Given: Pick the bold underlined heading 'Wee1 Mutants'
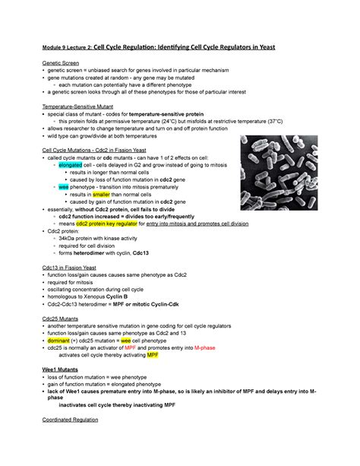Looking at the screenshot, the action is pyautogui.click(x=60, y=367).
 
